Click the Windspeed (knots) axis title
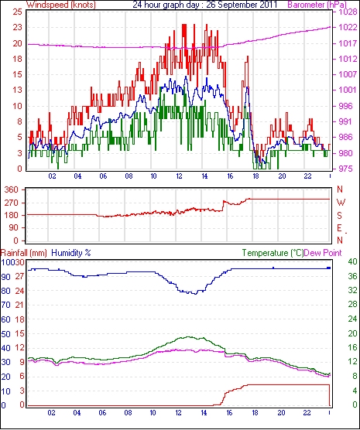click(61, 5)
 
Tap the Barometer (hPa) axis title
click(317, 5)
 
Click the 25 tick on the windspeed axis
click(18, 12)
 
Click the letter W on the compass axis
click(341, 203)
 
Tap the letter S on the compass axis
click(340, 216)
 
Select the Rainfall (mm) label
click(24, 253)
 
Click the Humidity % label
click(71, 253)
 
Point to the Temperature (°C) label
click(273, 253)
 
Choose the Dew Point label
click(323, 253)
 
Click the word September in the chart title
click(234, 5)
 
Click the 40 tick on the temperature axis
click(352, 261)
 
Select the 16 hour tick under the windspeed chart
click(230, 176)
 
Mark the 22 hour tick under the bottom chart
click(307, 413)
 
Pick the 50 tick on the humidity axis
click(5, 334)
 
